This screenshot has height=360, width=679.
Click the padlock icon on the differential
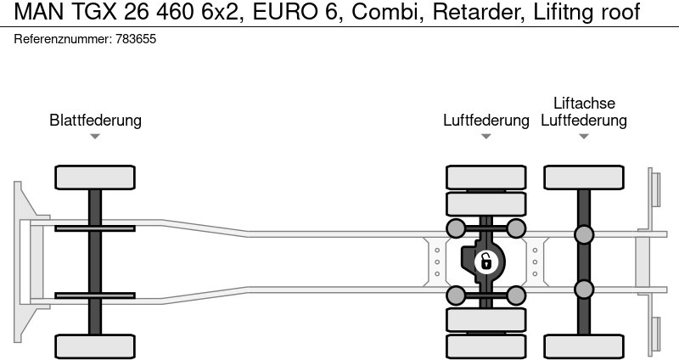(x=485, y=261)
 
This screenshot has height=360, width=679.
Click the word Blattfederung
(x=95, y=121)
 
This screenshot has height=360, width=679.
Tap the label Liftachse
(x=584, y=103)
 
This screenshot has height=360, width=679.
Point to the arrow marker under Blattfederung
(x=95, y=137)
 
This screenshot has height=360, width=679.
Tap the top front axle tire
(x=95, y=177)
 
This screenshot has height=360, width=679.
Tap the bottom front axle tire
(x=95, y=346)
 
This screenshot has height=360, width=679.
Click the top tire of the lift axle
(x=584, y=177)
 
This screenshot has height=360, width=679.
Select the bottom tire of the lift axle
(x=584, y=346)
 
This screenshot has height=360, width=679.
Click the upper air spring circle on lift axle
(x=584, y=234)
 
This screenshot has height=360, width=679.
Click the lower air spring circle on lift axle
(x=584, y=290)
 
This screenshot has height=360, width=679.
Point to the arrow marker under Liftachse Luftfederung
(x=584, y=137)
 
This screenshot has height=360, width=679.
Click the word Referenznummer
(x=63, y=40)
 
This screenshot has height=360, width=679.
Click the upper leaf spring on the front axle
(x=95, y=228)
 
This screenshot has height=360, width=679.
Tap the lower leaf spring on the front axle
(x=95, y=296)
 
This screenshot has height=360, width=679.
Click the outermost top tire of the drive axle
(x=486, y=177)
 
